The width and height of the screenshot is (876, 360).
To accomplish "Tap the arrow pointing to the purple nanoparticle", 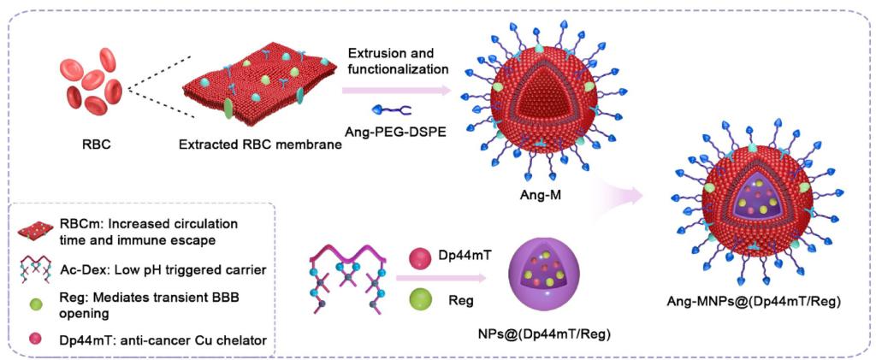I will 445,278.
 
